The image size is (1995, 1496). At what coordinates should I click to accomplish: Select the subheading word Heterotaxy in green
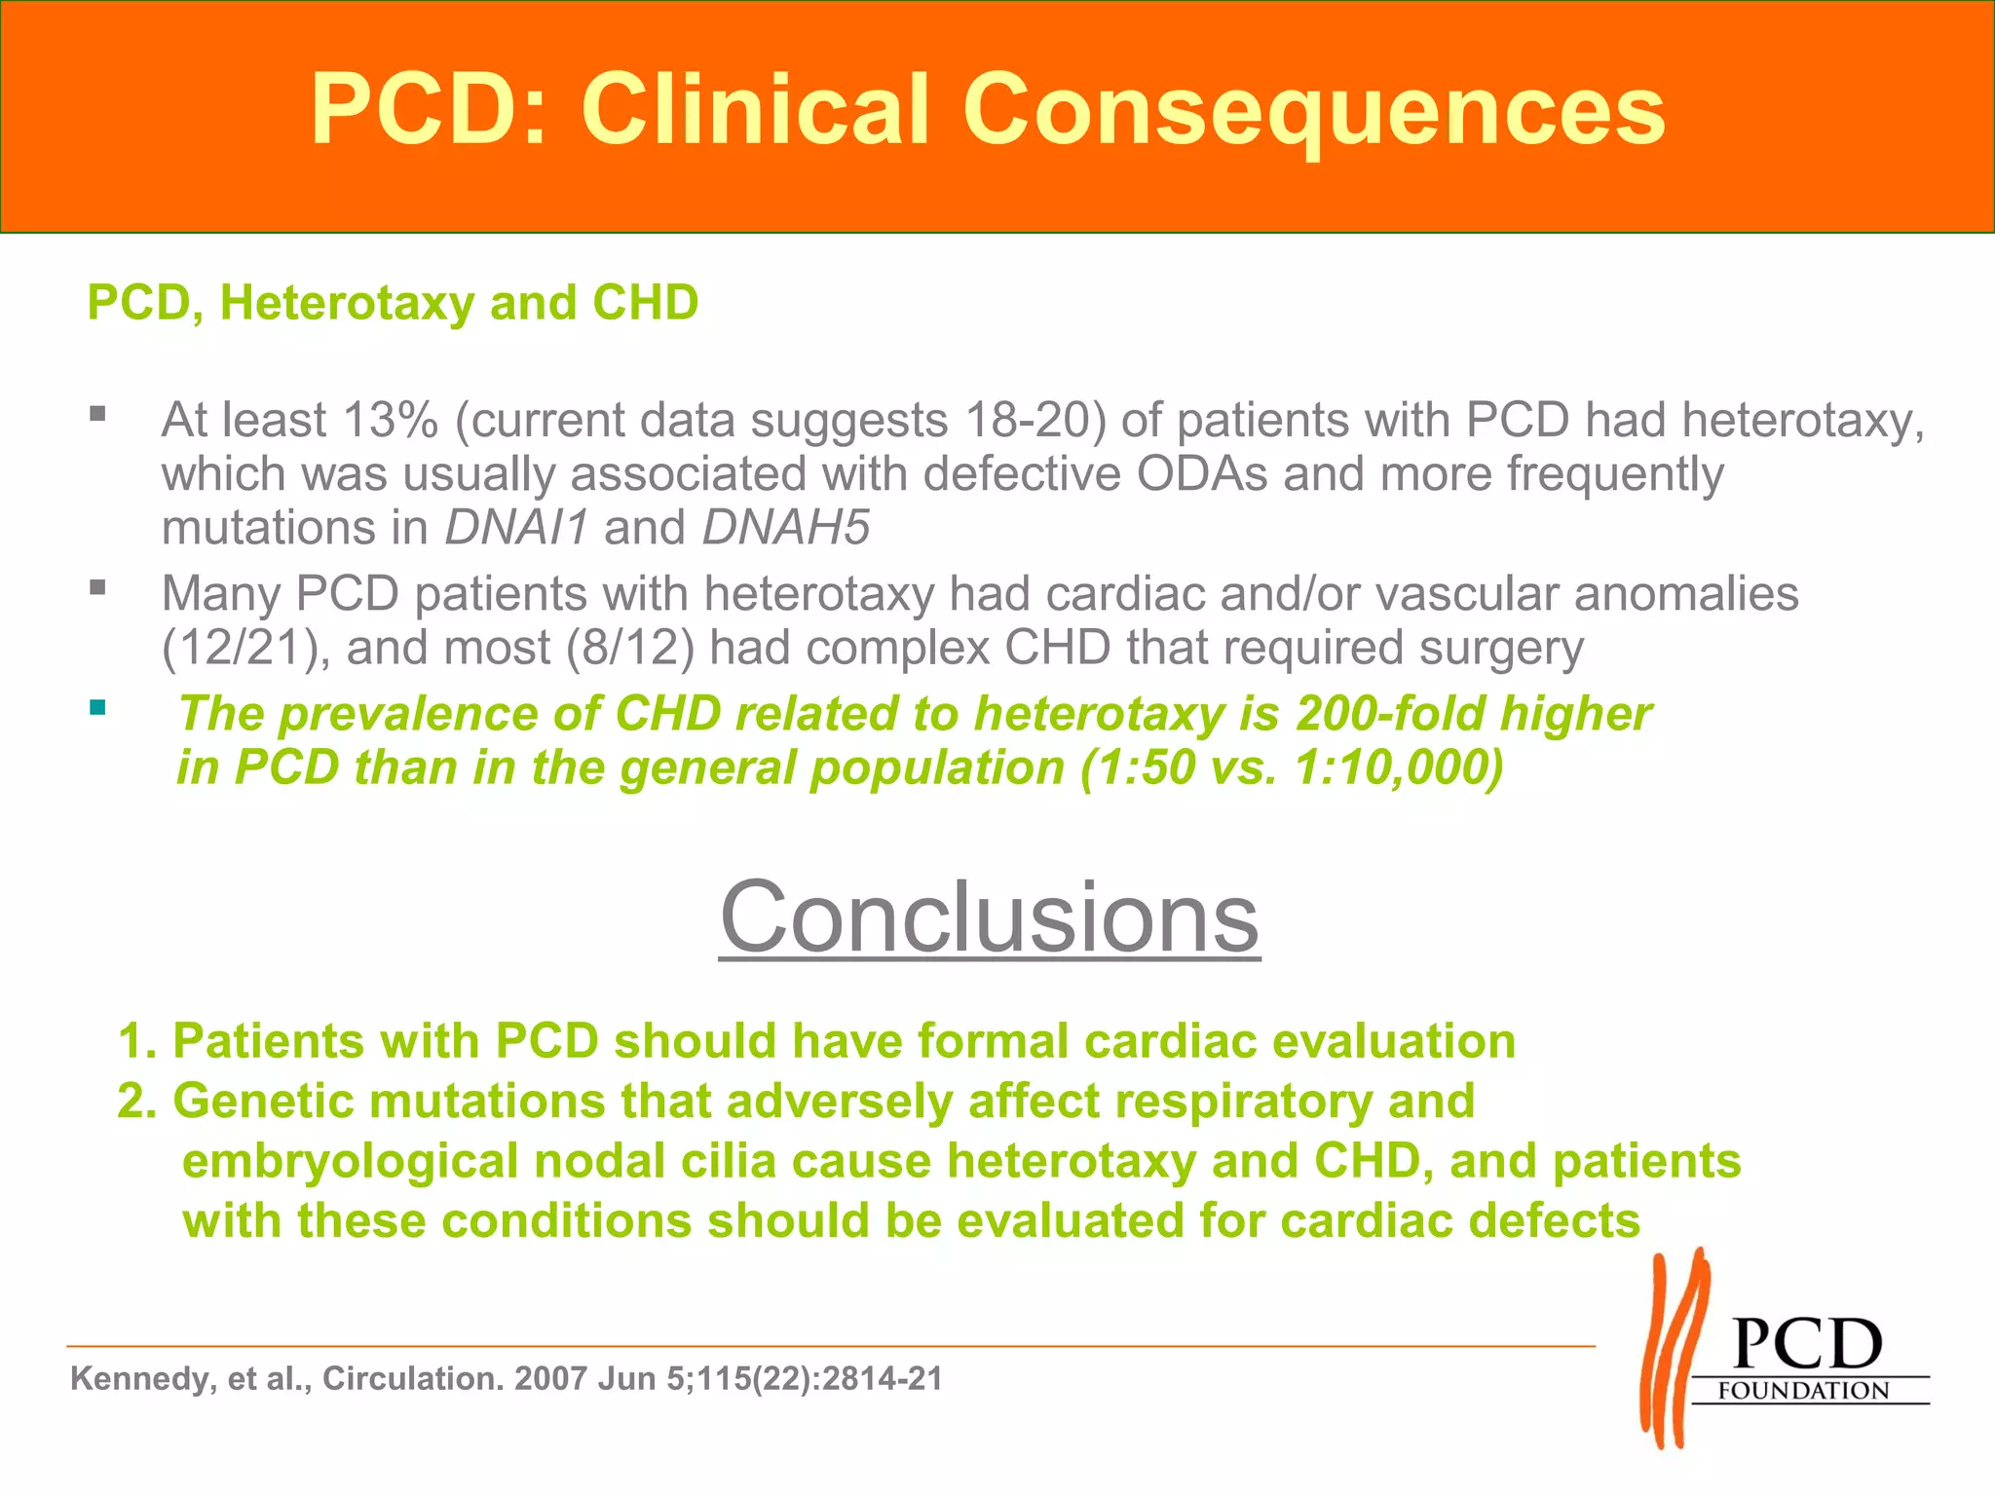tap(347, 303)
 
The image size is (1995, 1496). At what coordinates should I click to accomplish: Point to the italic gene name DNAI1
tap(517, 528)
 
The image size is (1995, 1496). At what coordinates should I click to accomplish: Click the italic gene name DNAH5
tap(785, 528)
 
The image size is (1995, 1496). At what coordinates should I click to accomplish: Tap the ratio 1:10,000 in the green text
tap(1388, 768)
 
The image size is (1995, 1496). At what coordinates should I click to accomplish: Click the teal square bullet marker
tap(97, 708)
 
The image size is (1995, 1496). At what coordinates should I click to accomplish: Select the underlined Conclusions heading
tap(989, 917)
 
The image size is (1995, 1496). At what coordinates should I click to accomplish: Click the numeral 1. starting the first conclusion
tap(137, 1041)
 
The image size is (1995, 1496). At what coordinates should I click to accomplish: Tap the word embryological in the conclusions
tap(350, 1162)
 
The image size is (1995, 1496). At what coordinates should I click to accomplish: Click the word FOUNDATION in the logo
tap(1802, 1391)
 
